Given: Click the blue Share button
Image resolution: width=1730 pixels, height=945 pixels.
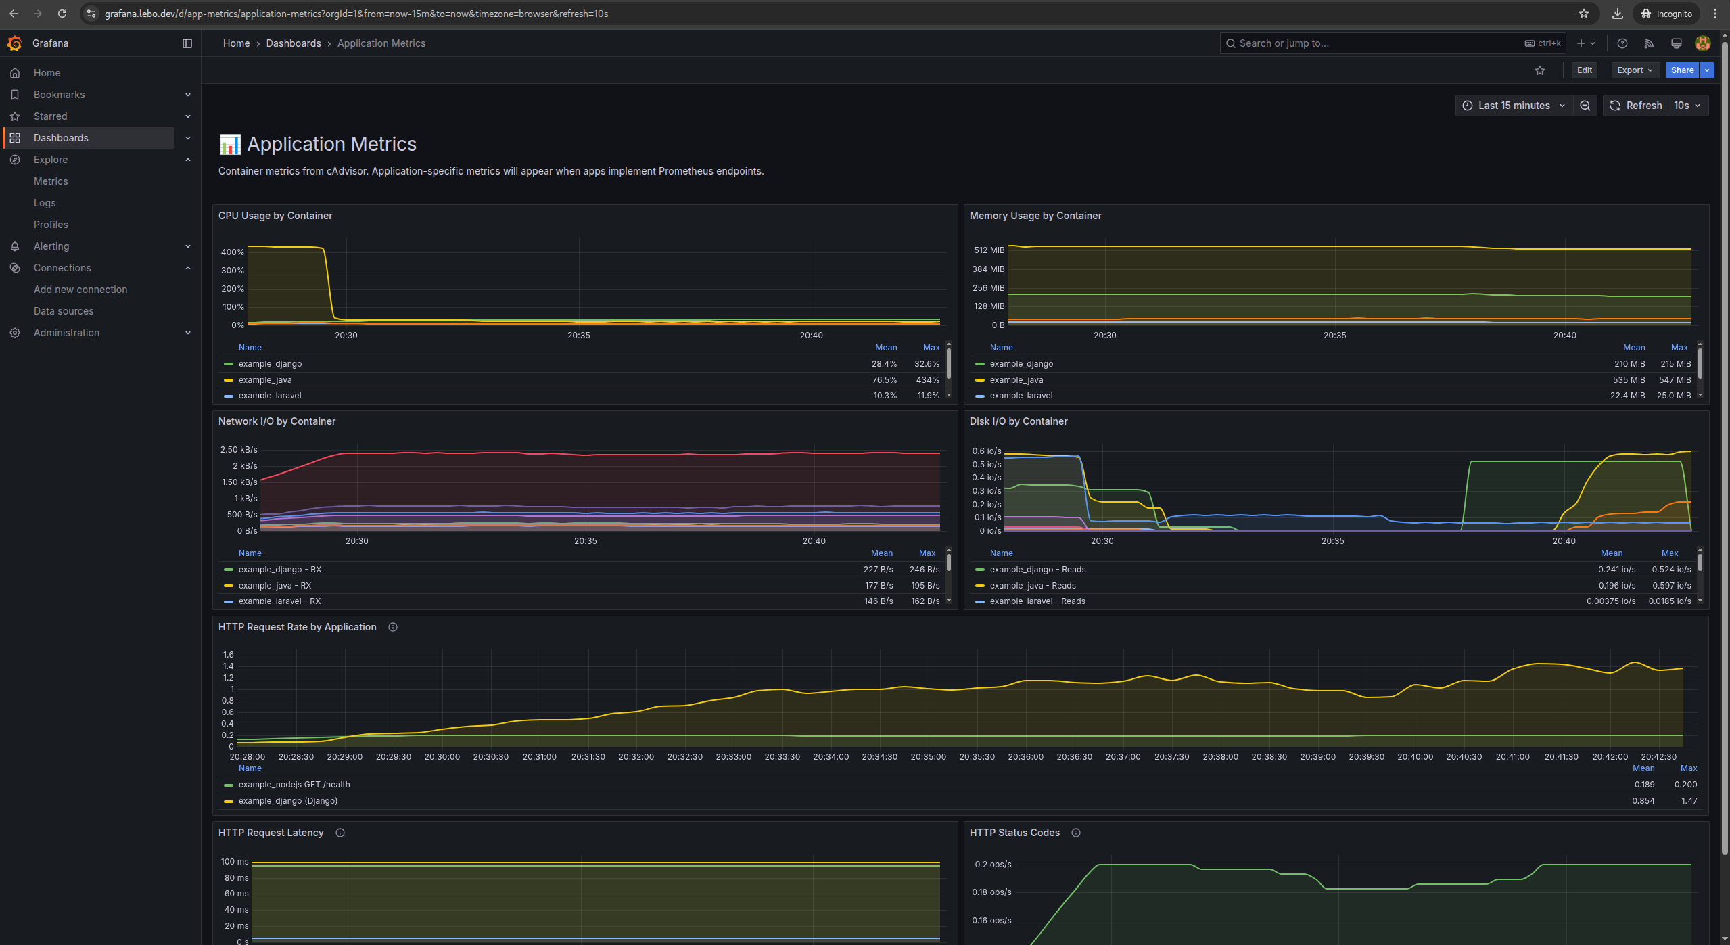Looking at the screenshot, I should coord(1681,70).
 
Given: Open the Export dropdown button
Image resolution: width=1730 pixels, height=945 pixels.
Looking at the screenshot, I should coord(1634,70).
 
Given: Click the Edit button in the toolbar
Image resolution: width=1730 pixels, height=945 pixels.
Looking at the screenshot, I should coord(1584,70).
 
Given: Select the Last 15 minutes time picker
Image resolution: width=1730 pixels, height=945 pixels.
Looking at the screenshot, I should coord(1514,106).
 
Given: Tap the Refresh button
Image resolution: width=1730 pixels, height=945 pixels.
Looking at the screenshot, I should coord(1636,106).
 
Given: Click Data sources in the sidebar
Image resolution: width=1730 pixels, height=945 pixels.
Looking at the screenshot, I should coord(64,311).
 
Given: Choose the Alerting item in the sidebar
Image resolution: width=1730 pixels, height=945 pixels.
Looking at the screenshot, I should coord(51,246).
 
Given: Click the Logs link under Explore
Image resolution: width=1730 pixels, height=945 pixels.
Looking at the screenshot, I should coord(45,203).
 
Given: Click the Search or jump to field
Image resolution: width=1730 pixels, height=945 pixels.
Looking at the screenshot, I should coord(1373,43).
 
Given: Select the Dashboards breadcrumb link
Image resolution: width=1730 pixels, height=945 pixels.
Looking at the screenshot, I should coord(294,43).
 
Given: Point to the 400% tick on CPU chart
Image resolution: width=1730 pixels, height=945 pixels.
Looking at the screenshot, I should coord(233,252).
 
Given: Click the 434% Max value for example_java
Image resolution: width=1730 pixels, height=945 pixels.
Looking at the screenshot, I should coord(927,380).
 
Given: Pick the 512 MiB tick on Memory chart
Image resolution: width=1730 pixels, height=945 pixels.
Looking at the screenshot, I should coord(989,250).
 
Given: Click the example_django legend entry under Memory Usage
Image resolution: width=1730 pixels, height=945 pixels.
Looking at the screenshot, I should coord(1021,364).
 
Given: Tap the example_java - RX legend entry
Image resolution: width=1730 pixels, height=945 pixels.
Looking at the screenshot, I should coord(275,586).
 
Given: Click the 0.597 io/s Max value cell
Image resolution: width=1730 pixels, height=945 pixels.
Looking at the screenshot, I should coord(1670,586).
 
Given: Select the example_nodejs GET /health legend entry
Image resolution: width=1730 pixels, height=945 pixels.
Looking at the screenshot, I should coord(294,785).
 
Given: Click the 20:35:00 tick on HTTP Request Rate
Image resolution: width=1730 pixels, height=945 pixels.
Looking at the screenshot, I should coord(928,757).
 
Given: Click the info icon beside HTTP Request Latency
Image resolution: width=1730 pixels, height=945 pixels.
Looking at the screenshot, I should coord(340,833).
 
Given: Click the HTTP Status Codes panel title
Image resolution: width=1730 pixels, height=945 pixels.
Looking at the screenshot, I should coord(1014,833).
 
